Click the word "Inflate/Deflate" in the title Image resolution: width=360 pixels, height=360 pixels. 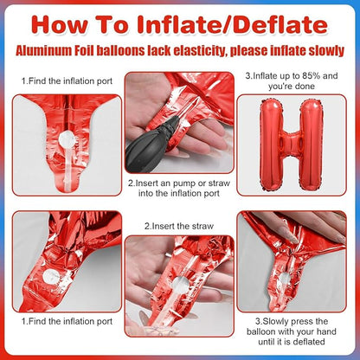[233, 25]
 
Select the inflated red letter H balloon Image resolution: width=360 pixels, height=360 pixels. [291, 145]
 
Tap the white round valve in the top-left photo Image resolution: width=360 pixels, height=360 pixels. [67, 138]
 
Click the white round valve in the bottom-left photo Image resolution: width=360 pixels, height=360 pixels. [50, 276]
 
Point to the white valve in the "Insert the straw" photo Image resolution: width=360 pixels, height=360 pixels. [179, 284]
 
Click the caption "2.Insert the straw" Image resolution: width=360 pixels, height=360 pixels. [179, 226]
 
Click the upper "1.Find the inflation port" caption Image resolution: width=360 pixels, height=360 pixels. [67, 81]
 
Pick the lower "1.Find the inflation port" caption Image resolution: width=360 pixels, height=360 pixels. [67, 321]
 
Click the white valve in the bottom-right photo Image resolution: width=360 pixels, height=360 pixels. [284, 278]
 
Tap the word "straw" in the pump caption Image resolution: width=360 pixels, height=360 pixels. [219, 183]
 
